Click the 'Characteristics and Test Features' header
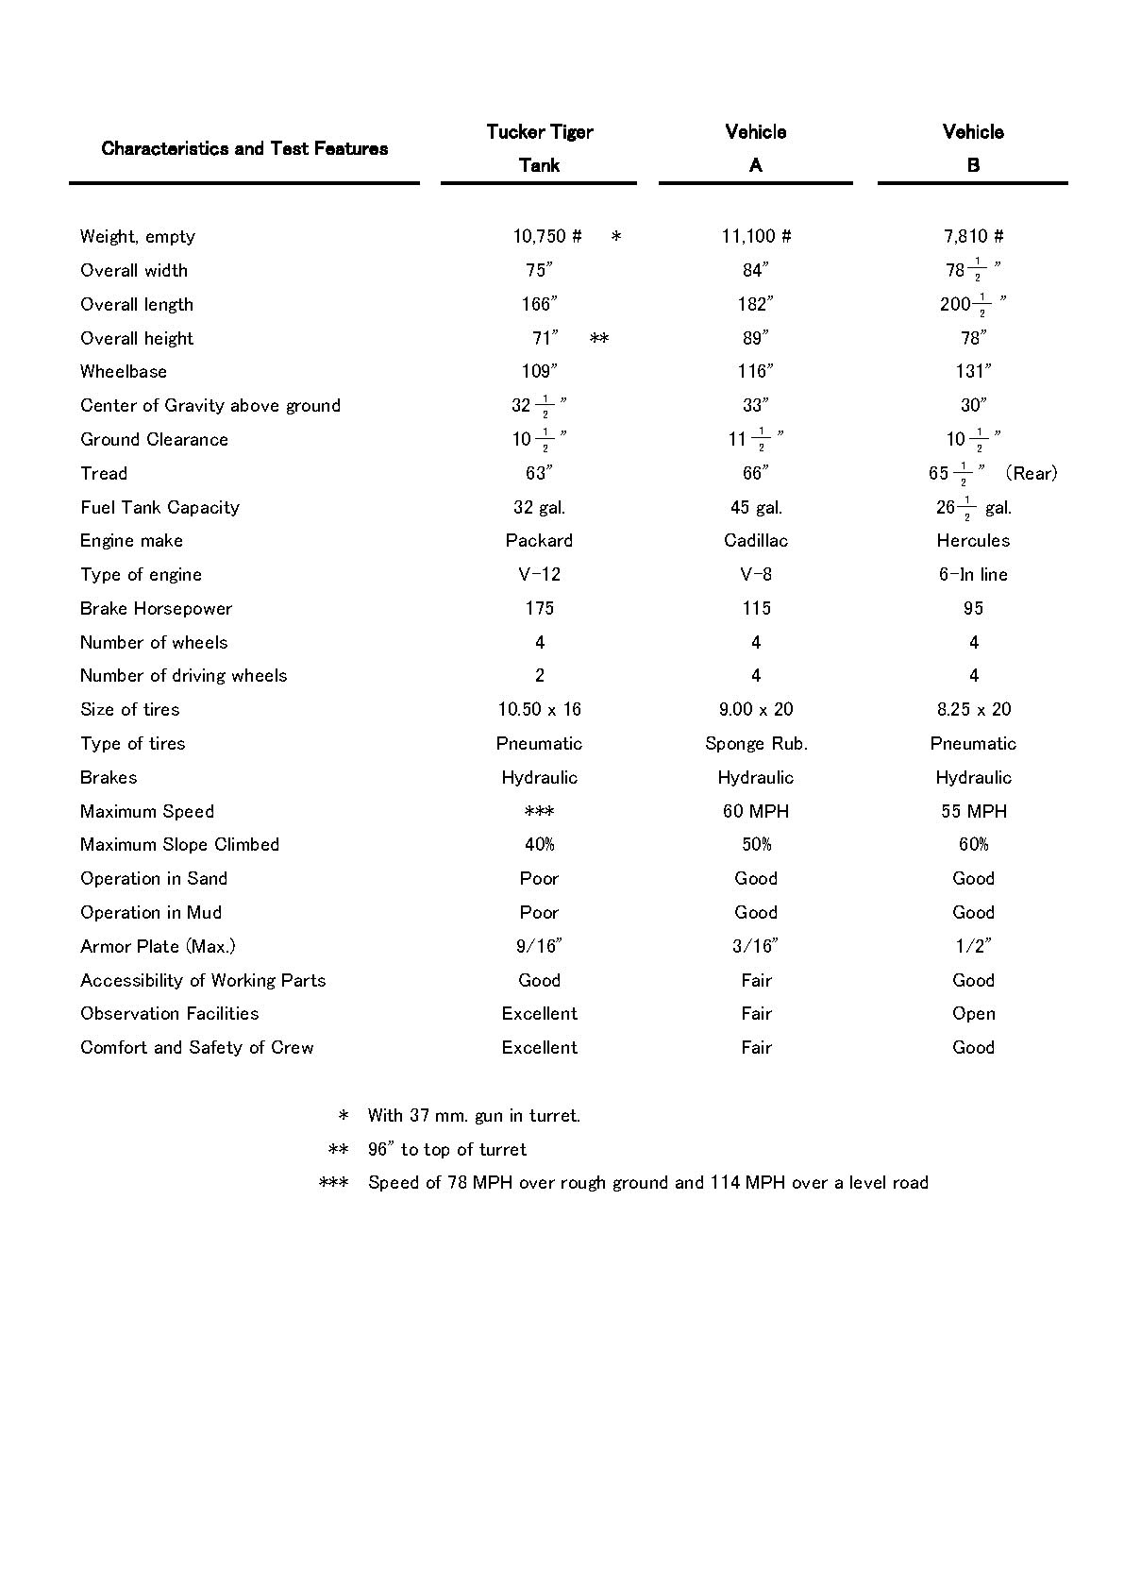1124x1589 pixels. point(244,148)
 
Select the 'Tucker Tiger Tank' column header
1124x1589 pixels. point(540,148)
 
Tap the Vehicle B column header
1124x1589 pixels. point(973,148)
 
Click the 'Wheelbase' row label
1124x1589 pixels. point(124,372)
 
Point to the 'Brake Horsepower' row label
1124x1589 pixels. point(156,609)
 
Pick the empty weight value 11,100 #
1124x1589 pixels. point(756,237)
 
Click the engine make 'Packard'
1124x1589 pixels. point(539,541)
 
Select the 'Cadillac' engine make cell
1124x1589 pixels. point(756,541)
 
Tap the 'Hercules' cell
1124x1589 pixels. point(973,541)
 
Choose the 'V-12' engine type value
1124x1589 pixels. point(540,575)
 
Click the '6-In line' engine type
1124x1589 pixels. point(973,575)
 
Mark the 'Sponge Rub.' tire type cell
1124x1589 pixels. point(756,744)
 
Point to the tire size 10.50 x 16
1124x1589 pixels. point(540,710)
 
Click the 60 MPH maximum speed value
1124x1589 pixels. point(756,812)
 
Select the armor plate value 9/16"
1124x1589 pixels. point(540,947)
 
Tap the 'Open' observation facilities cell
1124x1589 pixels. point(973,1014)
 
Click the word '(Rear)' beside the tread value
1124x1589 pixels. point(1032,474)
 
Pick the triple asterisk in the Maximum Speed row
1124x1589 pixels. point(539,812)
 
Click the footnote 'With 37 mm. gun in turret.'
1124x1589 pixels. point(474,1116)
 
